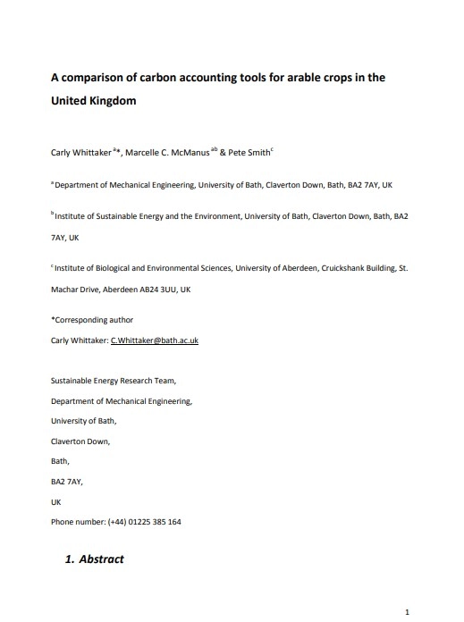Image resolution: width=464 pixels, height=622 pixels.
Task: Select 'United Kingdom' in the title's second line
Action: point(93,101)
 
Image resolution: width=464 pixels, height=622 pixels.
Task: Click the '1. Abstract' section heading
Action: point(95,560)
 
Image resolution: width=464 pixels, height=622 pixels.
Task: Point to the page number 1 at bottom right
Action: point(408,612)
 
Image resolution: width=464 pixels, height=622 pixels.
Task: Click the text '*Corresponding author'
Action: point(92,319)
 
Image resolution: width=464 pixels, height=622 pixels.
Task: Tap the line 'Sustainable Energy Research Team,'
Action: point(113,381)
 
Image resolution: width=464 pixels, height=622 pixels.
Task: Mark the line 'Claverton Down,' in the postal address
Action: point(80,441)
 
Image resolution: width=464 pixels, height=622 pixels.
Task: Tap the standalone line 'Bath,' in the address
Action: point(61,461)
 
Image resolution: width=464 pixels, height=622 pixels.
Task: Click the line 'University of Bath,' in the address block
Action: point(83,421)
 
